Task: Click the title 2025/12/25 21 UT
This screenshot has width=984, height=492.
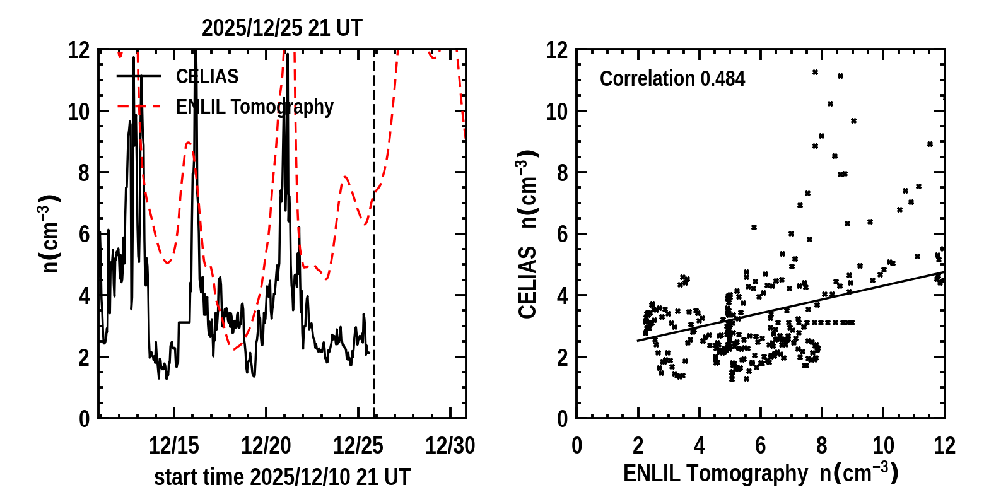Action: (x=282, y=28)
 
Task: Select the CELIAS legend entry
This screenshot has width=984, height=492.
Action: (x=207, y=76)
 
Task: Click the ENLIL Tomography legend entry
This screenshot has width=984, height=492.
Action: (x=254, y=107)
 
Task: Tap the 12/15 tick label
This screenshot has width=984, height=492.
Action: (x=174, y=446)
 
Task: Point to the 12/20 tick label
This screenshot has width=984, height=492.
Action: (x=266, y=446)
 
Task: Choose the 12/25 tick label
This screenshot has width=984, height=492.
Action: (x=358, y=446)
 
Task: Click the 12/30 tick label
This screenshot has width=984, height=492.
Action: (x=450, y=446)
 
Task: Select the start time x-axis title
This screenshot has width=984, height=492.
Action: (x=282, y=477)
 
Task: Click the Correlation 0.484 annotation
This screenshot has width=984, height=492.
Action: (x=672, y=79)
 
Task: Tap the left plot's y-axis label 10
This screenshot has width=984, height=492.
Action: (x=78, y=112)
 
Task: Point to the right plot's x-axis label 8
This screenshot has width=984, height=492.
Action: (x=822, y=446)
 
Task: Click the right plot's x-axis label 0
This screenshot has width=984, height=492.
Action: (x=577, y=446)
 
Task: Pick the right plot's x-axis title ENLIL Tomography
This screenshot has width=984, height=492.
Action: (x=760, y=473)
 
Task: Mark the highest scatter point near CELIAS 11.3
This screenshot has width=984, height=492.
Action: (x=815, y=73)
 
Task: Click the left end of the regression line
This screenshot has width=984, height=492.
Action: (x=638, y=341)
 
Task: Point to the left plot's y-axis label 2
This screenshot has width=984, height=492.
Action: (x=85, y=358)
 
